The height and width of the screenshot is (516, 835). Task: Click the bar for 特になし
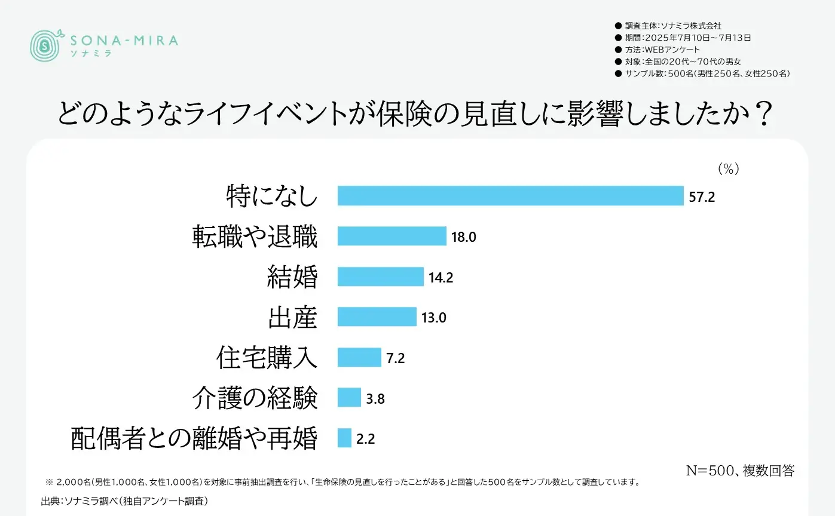point(510,196)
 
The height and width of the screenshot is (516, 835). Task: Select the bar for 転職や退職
point(391,236)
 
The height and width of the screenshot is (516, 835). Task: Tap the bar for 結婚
point(380,277)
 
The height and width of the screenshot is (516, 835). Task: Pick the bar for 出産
point(377,317)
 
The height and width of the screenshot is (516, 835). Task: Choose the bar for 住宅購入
point(359,357)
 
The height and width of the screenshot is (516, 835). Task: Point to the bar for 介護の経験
point(349,397)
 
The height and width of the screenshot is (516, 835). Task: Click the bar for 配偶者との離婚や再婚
point(344,438)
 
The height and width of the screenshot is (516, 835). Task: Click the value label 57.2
point(702,196)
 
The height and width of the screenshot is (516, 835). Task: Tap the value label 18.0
point(464,236)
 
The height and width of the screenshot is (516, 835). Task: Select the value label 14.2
point(441,277)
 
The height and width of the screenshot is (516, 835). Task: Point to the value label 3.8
point(375,398)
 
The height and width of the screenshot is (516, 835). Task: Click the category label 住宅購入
point(267,357)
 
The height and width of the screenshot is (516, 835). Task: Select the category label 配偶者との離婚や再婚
point(194,438)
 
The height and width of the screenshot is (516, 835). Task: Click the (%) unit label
point(728,169)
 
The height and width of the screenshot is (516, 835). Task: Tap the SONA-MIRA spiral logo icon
point(45,45)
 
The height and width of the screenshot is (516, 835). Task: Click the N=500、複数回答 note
point(739,471)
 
